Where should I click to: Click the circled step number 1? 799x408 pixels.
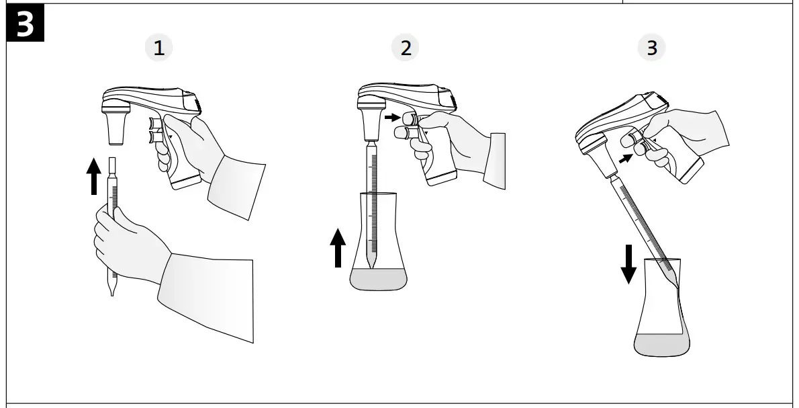158,48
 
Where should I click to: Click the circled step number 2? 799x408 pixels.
405,48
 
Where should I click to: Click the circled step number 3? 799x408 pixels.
651,48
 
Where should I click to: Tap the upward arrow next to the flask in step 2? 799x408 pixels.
338,247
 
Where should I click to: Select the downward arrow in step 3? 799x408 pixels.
628,264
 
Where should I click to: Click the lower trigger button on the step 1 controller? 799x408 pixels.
154,138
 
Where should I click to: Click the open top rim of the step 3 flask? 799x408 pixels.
661,259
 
